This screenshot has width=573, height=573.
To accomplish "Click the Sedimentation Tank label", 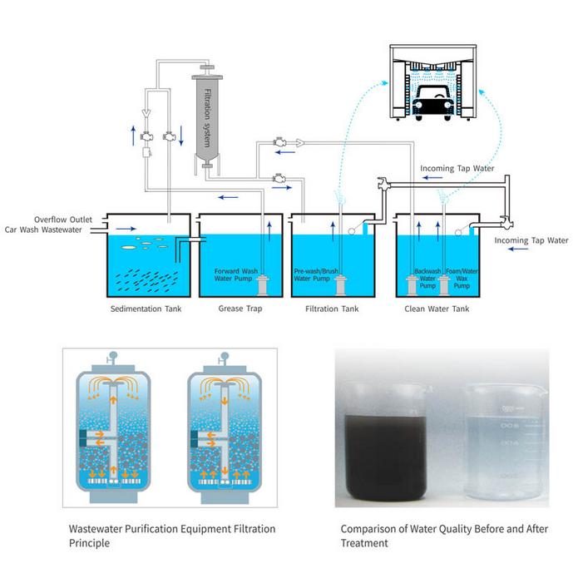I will [146, 309].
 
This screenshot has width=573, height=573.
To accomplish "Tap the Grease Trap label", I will [241, 309].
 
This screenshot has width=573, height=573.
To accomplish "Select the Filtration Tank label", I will [333, 309].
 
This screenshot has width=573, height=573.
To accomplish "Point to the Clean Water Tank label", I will [437, 309].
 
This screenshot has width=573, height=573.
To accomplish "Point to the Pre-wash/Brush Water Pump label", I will [314, 274].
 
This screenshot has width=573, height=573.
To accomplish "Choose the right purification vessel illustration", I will [224, 432].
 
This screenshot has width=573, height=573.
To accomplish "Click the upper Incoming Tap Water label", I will [457, 168].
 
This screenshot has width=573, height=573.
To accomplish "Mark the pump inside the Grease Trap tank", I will [264, 286].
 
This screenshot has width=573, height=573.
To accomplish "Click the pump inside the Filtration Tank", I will [341, 286].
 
